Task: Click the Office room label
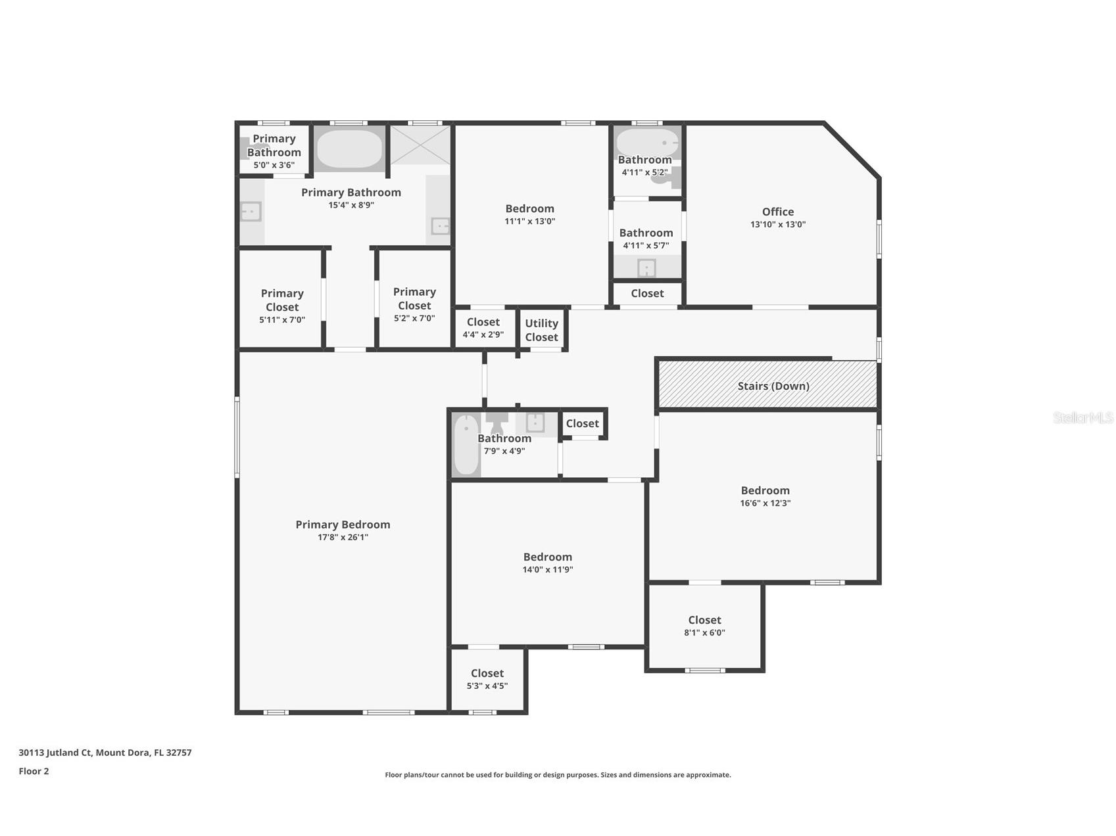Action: pos(777,212)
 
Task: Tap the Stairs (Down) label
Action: pos(773,386)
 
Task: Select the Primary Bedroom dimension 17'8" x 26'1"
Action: pos(343,537)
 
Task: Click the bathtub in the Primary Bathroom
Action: pos(349,149)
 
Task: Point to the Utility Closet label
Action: pos(541,330)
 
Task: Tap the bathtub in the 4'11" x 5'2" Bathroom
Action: pos(647,142)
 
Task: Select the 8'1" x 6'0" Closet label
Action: pos(704,620)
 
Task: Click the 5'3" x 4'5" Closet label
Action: pos(487,673)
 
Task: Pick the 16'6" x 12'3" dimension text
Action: pos(765,503)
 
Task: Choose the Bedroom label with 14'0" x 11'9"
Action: pos(547,557)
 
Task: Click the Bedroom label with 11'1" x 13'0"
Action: pos(529,208)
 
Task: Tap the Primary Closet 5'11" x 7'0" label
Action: pos(282,300)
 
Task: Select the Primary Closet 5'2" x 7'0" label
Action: pos(414,298)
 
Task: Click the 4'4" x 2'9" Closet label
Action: pos(483,321)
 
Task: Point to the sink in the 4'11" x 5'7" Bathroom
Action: pos(646,268)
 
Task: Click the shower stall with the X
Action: pos(420,144)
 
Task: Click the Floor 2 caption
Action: pos(34,771)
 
